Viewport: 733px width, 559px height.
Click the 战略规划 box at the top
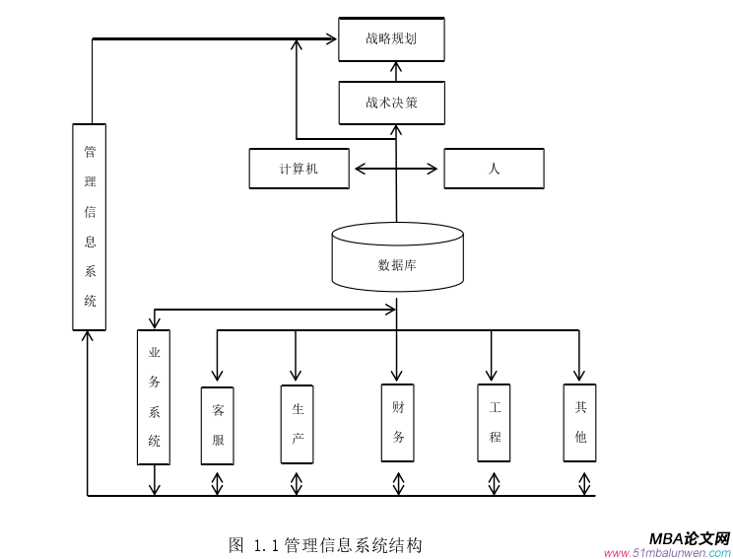tap(391, 39)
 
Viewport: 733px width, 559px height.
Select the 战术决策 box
tap(391, 103)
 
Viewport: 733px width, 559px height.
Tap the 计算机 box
tap(299, 169)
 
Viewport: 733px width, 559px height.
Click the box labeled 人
tap(494, 169)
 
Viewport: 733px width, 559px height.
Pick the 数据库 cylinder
tap(397, 258)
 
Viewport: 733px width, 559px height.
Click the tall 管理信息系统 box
tap(90, 227)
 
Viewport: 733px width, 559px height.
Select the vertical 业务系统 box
tap(154, 396)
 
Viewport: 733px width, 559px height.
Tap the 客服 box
tap(218, 425)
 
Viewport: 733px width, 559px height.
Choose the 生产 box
tap(297, 424)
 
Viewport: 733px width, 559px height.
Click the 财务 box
tap(398, 422)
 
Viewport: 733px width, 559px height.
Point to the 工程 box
tap(494, 422)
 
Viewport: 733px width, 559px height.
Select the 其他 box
tap(580, 422)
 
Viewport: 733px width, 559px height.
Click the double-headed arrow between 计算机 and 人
tap(396, 169)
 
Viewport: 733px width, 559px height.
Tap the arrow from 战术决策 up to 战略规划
tap(396, 71)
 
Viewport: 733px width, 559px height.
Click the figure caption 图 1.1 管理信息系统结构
tap(325, 544)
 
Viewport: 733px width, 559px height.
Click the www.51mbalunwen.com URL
tap(668, 553)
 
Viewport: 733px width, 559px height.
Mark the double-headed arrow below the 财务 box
tap(398, 483)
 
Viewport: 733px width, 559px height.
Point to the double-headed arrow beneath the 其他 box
tap(584, 483)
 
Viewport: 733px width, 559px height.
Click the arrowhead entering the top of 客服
tap(217, 375)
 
